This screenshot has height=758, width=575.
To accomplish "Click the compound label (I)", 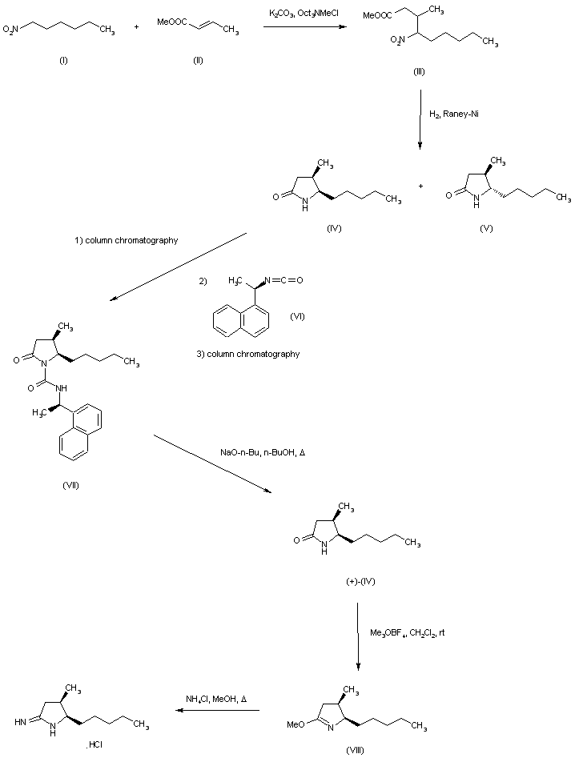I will (x=62, y=61).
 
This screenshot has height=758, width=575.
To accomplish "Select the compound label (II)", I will (x=198, y=61).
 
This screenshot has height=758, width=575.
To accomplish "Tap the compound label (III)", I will (x=418, y=72).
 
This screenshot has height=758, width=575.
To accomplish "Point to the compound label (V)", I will (x=487, y=228).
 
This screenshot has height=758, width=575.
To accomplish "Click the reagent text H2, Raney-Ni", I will (x=452, y=115).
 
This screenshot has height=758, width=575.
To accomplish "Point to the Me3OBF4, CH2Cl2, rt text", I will (x=408, y=632).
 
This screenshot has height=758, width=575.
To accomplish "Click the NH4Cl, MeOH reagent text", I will (x=215, y=698).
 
